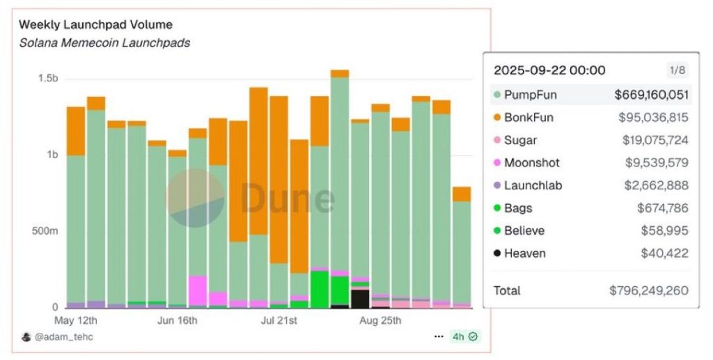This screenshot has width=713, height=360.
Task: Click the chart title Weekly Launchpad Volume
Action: click(95, 24)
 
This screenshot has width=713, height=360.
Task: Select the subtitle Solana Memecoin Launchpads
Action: click(104, 42)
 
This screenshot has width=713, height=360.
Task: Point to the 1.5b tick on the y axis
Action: click(48, 79)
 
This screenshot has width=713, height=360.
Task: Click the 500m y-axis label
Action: click(45, 231)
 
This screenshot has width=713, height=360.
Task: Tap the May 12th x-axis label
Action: click(75, 321)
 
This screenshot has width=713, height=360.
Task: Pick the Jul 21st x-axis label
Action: click(279, 321)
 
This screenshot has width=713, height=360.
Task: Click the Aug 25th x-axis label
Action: click(380, 321)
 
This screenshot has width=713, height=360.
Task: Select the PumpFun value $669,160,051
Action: click(651, 95)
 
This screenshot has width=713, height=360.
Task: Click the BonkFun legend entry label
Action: click(528, 118)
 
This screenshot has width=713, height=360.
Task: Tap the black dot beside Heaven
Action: click(496, 253)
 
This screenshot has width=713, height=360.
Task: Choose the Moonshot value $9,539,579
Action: click(655, 163)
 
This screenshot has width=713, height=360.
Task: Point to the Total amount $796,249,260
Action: click(648, 290)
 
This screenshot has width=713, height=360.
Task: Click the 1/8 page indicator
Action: click(677, 70)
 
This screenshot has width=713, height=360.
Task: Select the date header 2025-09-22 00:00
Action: click(549, 70)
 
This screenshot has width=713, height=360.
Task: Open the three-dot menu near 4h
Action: click(439, 336)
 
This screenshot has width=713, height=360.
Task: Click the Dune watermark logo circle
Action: click(196, 198)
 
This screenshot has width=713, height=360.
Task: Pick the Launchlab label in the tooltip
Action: click(533, 185)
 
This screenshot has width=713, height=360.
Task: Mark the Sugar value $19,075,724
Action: click(655, 140)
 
